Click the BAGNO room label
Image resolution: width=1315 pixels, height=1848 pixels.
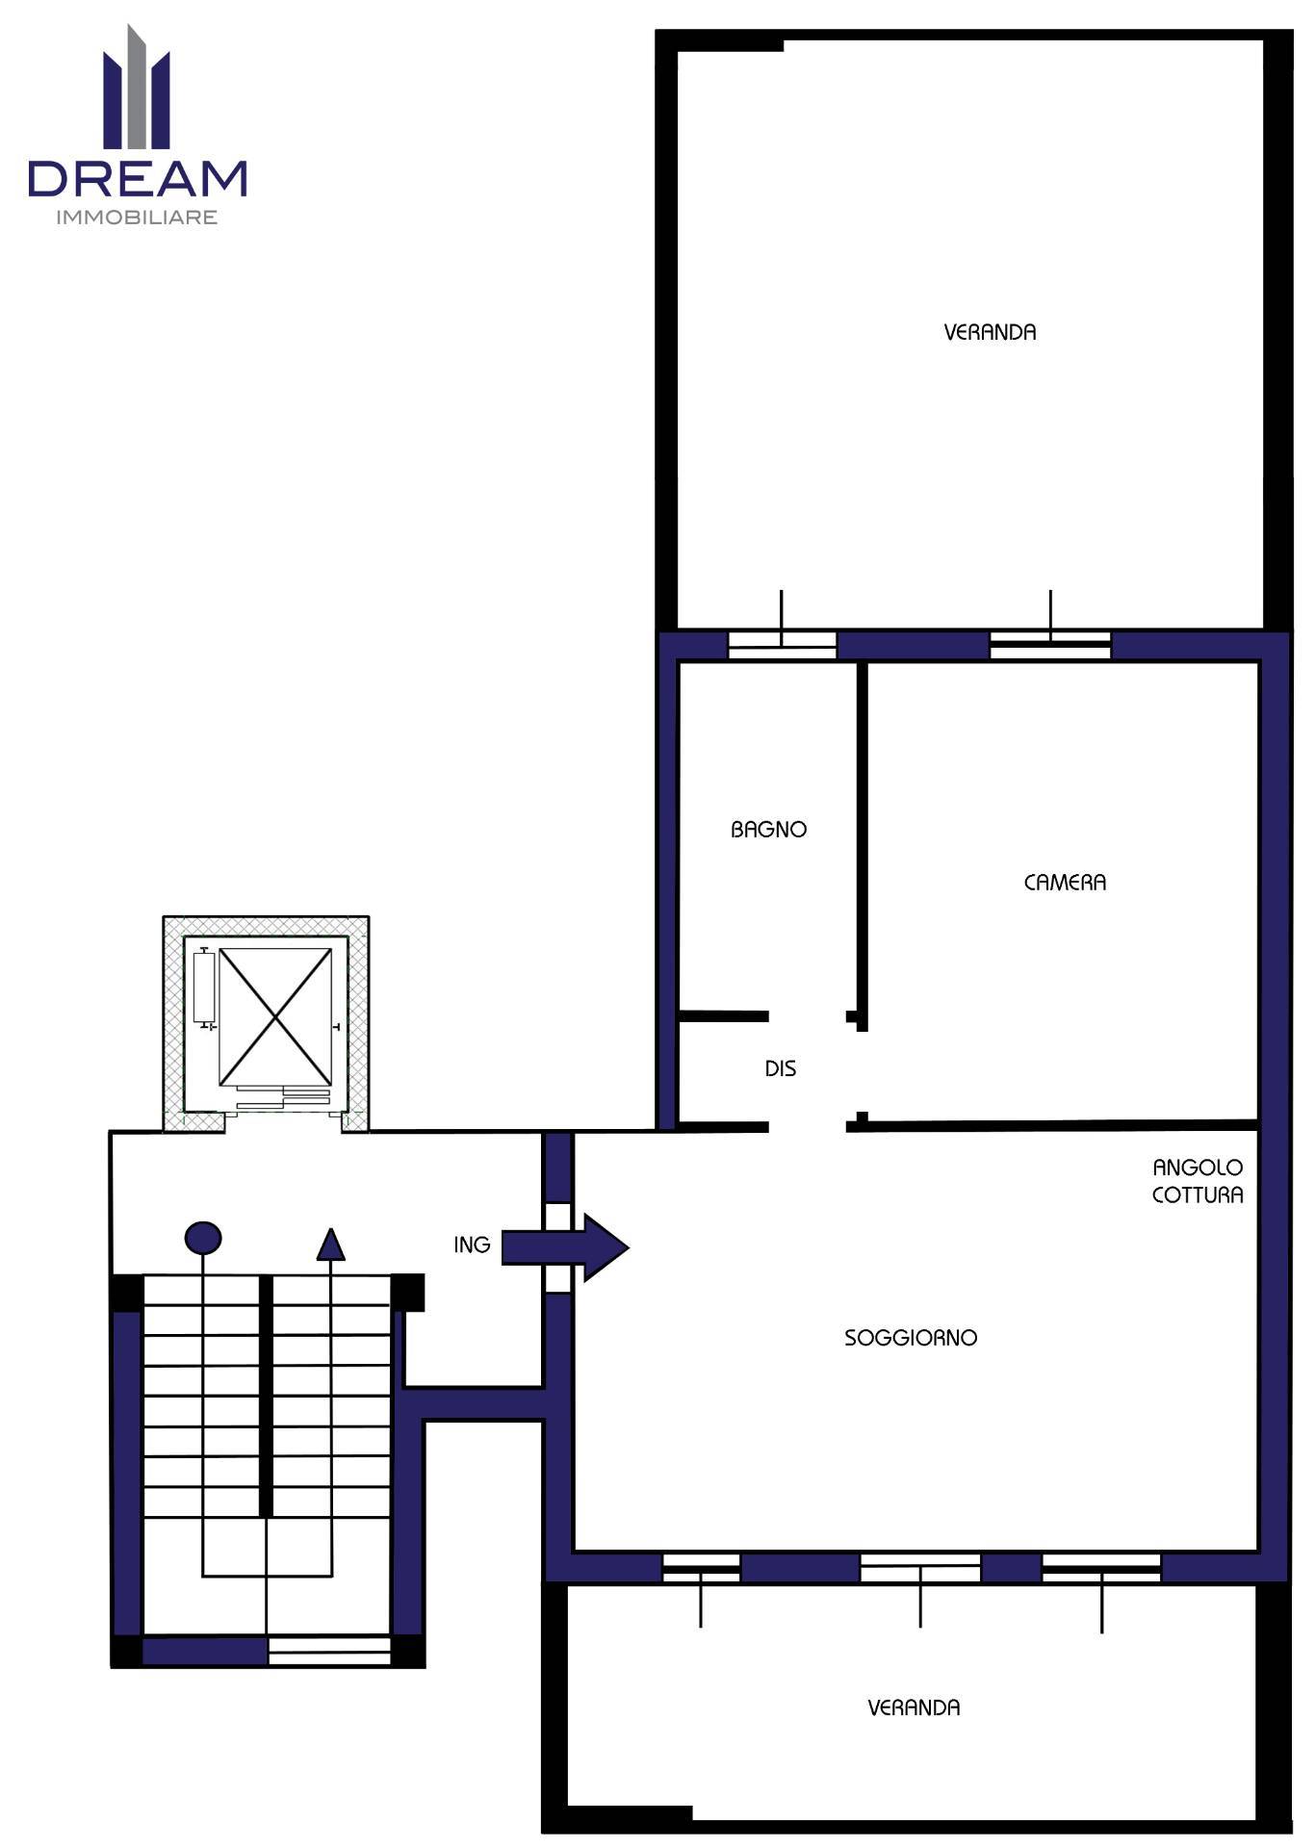point(768,830)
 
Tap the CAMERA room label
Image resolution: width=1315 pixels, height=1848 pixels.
point(1065,883)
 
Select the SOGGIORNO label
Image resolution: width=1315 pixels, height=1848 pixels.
point(911,1338)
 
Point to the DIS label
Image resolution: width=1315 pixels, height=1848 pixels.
point(781,1068)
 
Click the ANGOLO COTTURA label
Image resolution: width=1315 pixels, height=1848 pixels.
point(1198,1181)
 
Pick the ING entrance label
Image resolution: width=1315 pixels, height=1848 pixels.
point(472,1245)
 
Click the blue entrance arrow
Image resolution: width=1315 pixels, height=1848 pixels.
point(565,1247)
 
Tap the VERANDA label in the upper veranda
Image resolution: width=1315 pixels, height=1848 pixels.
point(990,333)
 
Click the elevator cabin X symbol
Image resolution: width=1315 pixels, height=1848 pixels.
point(275,1016)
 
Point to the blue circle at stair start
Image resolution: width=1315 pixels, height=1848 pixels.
point(203,1238)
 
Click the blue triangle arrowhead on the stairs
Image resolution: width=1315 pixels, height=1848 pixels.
point(331,1244)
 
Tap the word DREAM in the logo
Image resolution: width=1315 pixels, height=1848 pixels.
point(138,179)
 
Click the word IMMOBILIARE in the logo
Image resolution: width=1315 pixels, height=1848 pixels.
point(137,218)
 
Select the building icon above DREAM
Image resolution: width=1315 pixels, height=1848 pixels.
point(137,87)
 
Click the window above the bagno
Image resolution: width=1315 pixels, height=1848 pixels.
point(782,645)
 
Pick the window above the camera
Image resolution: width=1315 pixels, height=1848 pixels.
point(1050,645)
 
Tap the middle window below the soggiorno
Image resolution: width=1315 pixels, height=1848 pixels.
point(920,1568)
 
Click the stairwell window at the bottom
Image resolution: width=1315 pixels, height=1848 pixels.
point(329,1652)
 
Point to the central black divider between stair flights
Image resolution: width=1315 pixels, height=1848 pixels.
point(267,1397)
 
